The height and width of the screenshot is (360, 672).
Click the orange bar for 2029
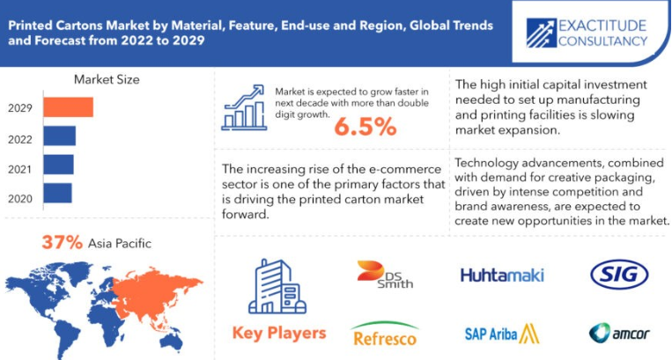[68, 107]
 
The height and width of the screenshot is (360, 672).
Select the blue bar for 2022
[60, 136]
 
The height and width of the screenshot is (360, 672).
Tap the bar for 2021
[59, 165]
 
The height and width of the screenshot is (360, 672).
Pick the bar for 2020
[58, 193]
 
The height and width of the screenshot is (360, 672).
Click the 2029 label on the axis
[20, 108]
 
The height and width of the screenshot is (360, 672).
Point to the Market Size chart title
[107, 79]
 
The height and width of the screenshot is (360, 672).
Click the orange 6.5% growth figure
[366, 127]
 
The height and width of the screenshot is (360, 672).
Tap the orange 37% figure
[63, 242]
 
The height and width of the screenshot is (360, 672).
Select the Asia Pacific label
[120, 244]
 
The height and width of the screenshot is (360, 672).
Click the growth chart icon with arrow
[244, 107]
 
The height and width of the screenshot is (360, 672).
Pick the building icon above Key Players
[277, 286]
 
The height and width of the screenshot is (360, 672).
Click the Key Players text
[279, 333]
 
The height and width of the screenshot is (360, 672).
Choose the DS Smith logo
[384, 275]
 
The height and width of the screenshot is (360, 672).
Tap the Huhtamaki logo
[502, 275]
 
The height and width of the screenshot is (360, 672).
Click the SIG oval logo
[619, 275]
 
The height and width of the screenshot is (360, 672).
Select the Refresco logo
[384, 334]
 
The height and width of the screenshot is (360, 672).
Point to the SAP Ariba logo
[502, 334]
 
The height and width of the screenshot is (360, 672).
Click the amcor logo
[619, 333]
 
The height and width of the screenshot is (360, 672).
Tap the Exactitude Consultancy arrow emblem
[542, 33]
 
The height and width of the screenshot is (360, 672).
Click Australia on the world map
[173, 342]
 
